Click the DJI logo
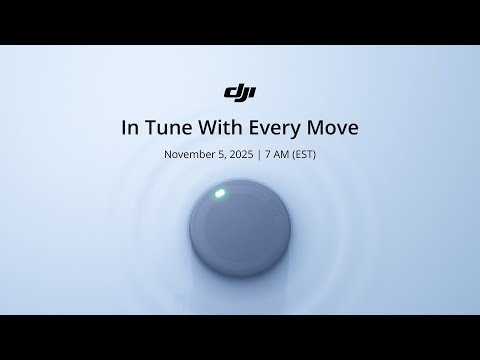240,94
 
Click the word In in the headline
129,129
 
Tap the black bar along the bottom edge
240,337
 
